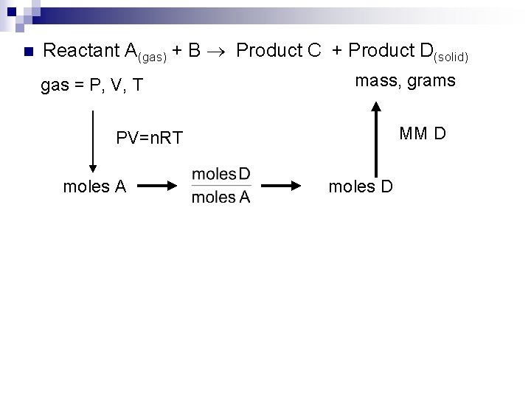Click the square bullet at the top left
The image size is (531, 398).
(x=27, y=52)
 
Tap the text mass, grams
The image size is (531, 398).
(x=405, y=80)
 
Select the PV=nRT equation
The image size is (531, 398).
(x=150, y=138)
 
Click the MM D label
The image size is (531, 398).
(x=423, y=134)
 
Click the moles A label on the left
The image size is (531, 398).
(x=95, y=186)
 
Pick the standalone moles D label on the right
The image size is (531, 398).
(x=361, y=186)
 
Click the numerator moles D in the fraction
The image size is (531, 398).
(x=221, y=174)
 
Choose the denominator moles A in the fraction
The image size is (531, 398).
(x=221, y=197)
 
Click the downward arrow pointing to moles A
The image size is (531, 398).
(x=93, y=140)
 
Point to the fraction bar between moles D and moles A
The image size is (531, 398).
(x=221, y=185)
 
